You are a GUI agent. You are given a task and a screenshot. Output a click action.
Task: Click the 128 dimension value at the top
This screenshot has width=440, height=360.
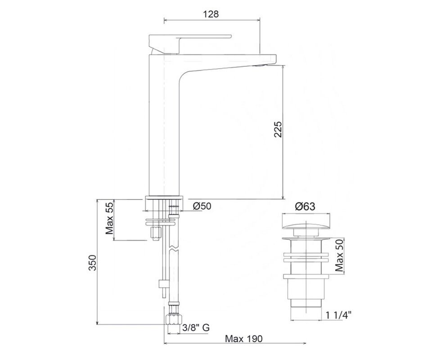click(x=211, y=14)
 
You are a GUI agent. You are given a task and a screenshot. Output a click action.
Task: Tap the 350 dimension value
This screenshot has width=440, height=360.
click(x=93, y=263)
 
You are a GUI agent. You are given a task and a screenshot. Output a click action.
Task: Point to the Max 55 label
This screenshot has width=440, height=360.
click(x=109, y=219)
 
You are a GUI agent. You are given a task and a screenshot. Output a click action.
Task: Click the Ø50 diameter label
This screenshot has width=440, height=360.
click(x=202, y=206)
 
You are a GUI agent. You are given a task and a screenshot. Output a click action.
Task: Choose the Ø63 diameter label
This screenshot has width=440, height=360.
click(x=305, y=207)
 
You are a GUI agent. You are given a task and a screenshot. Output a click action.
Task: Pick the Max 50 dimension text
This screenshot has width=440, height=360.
click(x=340, y=255)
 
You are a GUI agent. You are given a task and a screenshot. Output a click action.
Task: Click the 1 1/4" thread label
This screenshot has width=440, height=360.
click(x=339, y=315)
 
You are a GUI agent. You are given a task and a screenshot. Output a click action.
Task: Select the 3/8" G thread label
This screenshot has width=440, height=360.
click(x=196, y=328)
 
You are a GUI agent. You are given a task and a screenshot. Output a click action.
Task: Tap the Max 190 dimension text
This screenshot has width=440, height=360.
click(x=243, y=339)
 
